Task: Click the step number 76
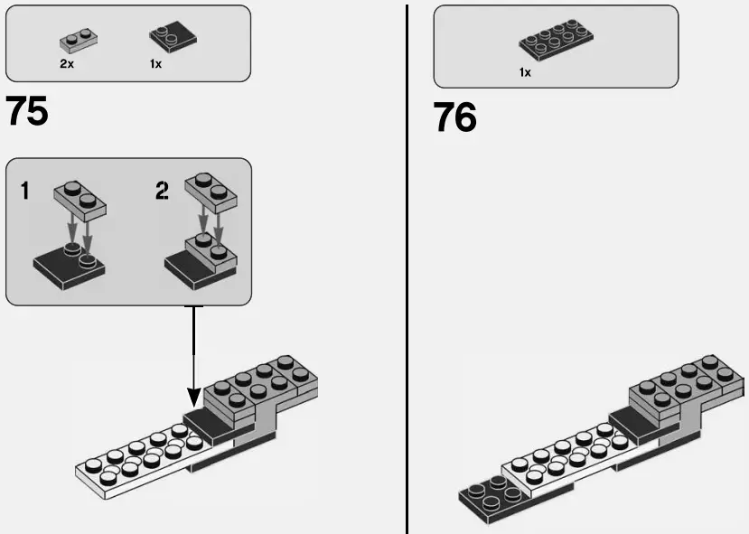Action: point(454,117)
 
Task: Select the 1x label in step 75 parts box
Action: point(156,65)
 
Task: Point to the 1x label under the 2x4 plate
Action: point(525,72)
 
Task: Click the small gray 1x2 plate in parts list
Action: point(79,40)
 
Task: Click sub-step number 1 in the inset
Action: point(25,192)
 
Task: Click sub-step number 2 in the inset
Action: point(162,192)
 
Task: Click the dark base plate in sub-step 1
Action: point(68,268)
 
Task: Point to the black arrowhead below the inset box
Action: point(193,397)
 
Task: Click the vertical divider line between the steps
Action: point(407,271)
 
